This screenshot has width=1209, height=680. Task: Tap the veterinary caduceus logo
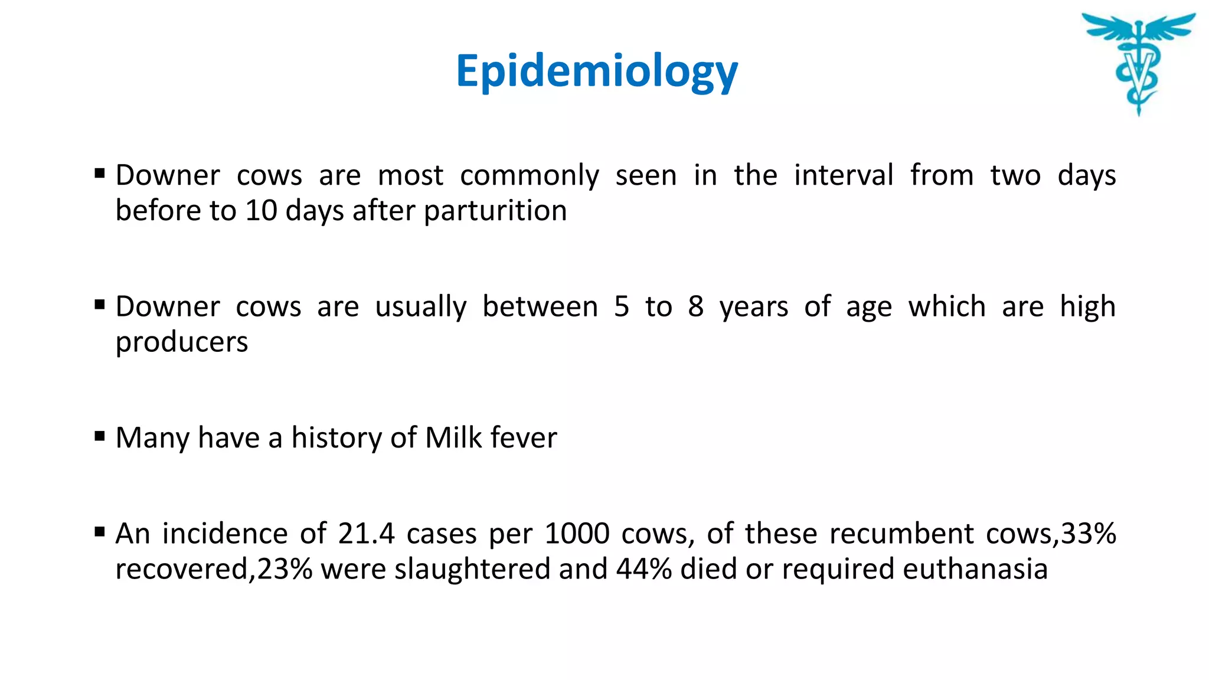click(1138, 62)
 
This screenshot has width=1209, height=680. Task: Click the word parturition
click(495, 211)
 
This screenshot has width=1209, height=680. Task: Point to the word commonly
click(530, 176)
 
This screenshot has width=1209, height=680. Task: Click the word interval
click(843, 176)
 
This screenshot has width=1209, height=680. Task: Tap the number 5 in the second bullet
click(621, 307)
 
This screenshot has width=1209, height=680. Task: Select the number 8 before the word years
click(695, 307)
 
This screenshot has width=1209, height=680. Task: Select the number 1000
click(576, 534)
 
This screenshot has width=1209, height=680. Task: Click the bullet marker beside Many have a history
click(100, 437)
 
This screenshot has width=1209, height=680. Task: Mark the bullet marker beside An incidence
click(100, 532)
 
